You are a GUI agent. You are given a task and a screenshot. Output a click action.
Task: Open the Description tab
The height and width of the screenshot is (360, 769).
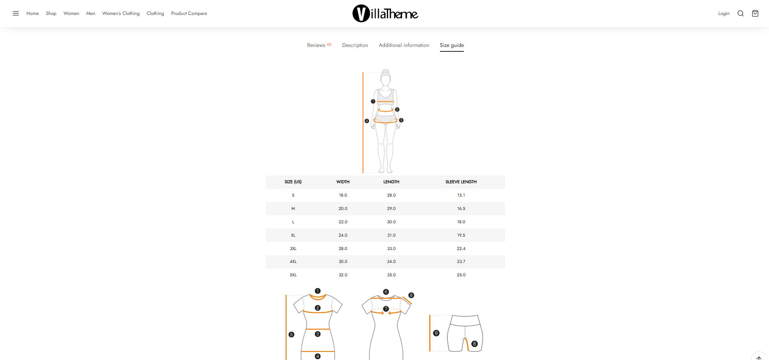pos(355,45)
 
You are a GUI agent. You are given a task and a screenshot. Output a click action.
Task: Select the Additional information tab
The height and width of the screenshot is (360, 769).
pos(404,45)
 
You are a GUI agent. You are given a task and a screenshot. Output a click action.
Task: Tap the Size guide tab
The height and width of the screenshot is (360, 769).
pos(452,45)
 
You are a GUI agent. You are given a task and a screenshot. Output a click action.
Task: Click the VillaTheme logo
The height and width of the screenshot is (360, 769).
pos(385,13)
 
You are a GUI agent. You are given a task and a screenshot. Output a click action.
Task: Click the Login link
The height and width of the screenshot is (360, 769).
pos(724,13)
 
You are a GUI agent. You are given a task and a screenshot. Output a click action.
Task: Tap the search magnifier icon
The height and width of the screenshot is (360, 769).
pos(741,13)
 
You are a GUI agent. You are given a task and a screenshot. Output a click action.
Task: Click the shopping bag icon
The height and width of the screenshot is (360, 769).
pos(755,13)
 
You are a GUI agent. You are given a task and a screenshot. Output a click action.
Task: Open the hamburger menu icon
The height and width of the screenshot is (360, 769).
pos(16,13)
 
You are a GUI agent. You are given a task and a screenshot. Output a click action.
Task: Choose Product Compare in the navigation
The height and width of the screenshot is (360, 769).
pos(189,13)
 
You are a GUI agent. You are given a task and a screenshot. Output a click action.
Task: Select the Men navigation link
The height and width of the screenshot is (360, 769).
pos(91,13)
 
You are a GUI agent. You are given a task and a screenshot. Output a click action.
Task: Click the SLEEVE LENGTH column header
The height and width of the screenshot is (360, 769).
pos(461,182)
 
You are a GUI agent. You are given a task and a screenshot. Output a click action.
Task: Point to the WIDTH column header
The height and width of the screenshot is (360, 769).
pos(343,182)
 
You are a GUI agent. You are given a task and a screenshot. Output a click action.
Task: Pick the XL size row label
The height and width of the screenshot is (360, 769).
pos(293,235)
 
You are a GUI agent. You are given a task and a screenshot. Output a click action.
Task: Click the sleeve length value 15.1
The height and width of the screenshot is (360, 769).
pos(461,195)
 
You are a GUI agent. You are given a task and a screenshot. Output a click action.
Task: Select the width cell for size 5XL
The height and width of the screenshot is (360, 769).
pos(343,275)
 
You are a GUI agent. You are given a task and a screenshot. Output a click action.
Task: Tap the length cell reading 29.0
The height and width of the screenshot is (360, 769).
pos(391,209)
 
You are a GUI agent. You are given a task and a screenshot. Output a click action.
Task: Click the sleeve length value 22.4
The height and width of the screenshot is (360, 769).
pos(461,249)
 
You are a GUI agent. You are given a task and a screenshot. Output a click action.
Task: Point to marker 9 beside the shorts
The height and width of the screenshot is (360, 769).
pos(436,333)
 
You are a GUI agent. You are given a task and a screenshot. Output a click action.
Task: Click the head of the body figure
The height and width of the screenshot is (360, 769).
pos(386,78)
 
